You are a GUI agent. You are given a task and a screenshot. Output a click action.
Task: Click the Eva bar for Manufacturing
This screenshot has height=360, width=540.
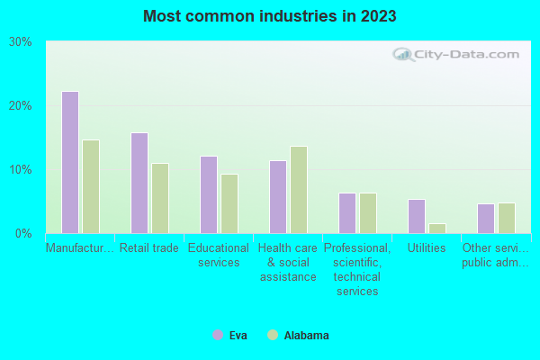coord(70,162)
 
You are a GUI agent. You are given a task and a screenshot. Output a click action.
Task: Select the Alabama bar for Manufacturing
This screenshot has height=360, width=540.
coord(91,186)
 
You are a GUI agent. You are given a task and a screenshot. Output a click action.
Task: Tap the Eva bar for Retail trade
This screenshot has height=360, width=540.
coord(139,183)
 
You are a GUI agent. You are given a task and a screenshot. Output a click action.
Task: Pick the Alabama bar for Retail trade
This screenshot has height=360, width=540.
coord(160,198)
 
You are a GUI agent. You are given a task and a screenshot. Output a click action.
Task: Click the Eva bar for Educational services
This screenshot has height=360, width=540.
coord(209,194)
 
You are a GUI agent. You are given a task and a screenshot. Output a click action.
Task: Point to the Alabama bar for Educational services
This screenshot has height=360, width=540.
coord(229,203)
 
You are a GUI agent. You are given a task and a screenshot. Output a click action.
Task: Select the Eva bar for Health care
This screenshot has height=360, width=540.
coord(278,197)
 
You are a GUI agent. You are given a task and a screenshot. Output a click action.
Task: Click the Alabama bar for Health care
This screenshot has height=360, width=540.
coord(299,190)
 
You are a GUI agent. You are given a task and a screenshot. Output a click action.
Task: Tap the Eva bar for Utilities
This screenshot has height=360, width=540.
coord(417,216)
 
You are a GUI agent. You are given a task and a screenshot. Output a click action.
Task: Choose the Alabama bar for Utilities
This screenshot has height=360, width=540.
coord(437,229)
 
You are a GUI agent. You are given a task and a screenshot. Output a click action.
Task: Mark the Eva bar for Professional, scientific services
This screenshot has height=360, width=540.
coord(347,213)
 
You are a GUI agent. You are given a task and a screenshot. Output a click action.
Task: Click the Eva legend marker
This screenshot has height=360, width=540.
coord(218,335)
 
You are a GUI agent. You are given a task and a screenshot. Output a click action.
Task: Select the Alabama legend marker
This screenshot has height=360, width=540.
coord(273,335)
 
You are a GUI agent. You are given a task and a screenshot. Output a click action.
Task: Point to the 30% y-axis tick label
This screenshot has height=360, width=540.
coord(21,42)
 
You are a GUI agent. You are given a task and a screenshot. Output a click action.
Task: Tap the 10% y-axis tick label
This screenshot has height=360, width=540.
coord(21,170)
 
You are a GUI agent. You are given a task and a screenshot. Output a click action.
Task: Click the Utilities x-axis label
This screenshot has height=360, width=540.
coord(427,247)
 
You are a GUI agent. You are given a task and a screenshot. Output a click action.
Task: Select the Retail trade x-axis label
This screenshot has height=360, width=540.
coord(149,247)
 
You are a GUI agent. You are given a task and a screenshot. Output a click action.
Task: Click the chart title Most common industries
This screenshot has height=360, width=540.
coord(270,16)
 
